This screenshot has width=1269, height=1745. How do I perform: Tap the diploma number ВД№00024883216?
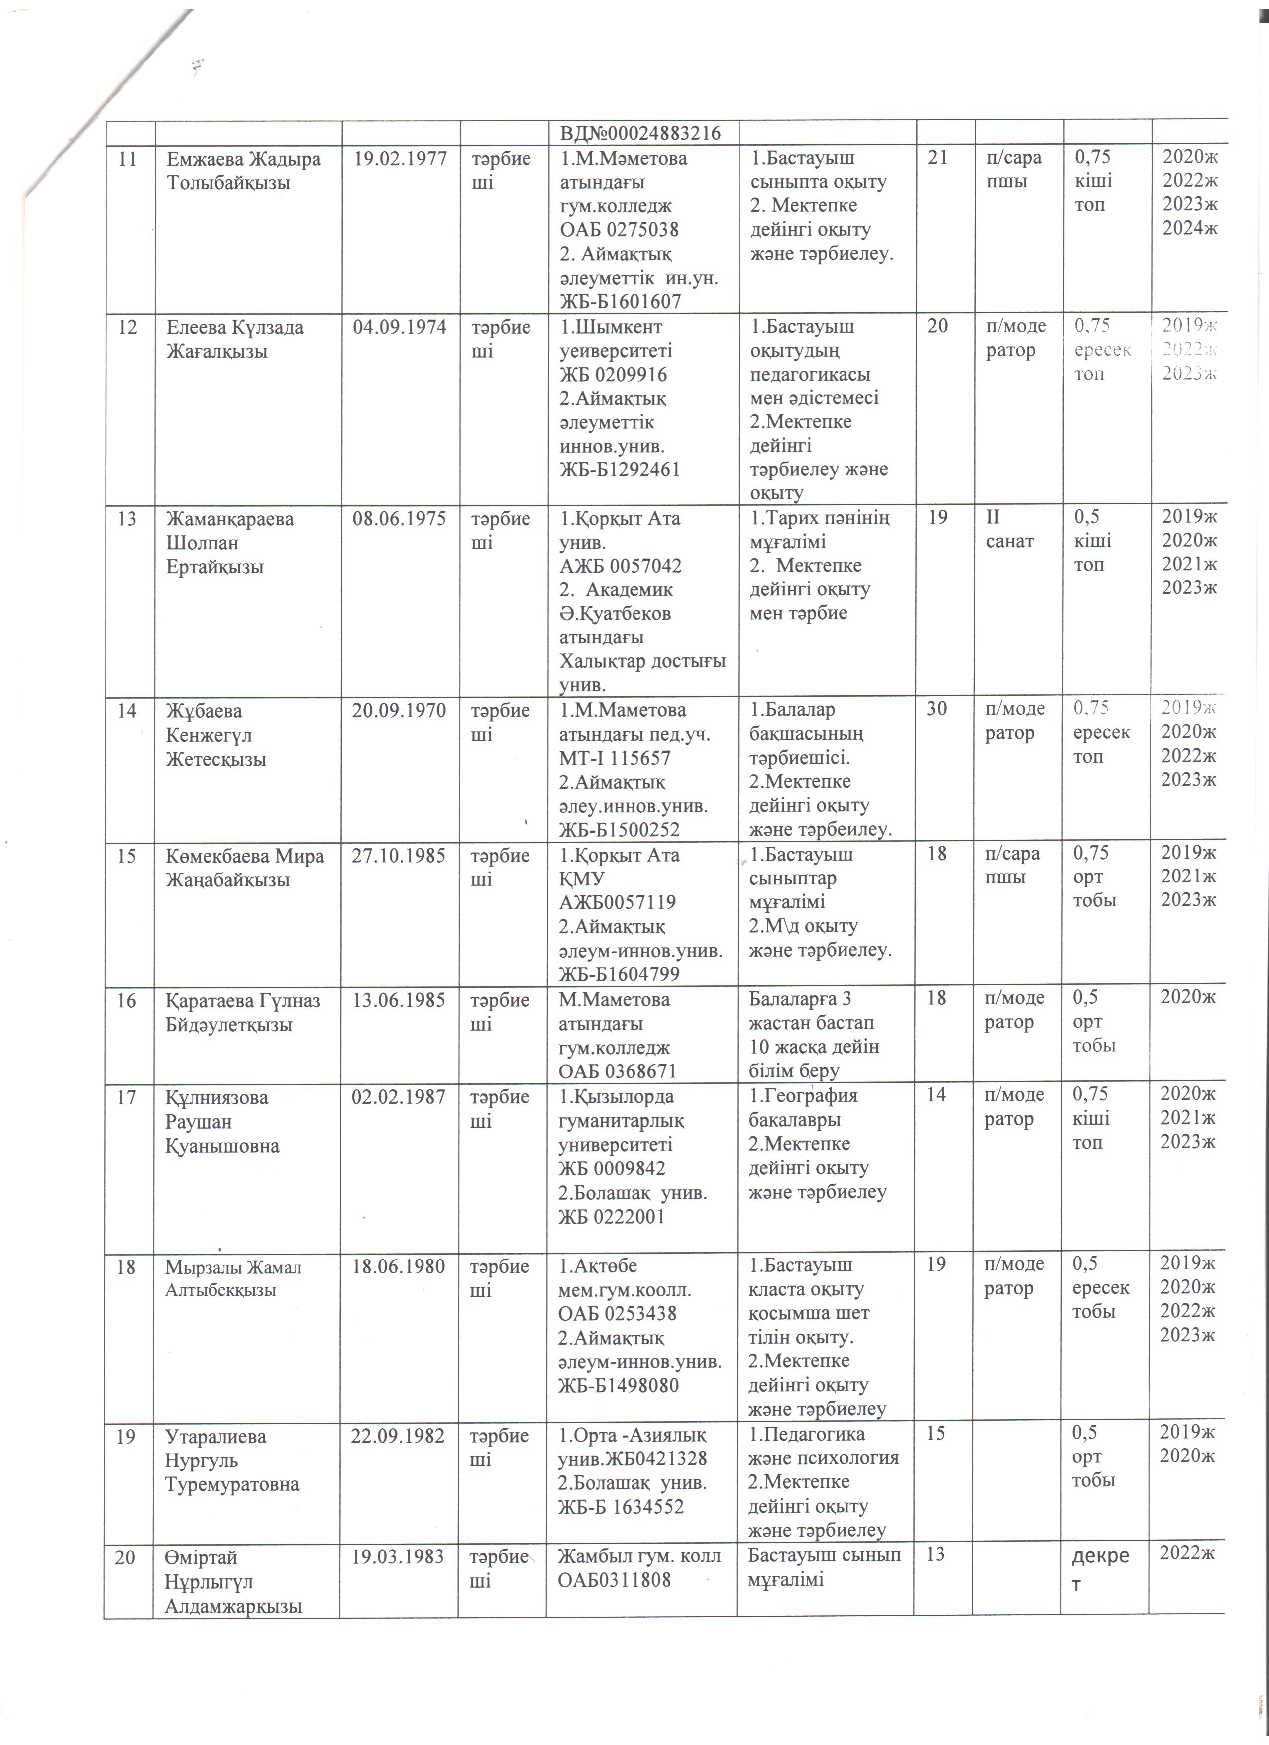click(x=640, y=134)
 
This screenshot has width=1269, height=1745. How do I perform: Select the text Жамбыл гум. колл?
click(x=639, y=1556)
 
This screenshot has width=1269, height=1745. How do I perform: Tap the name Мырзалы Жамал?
click(x=232, y=1267)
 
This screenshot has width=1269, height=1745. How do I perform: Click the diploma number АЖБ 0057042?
click(x=620, y=566)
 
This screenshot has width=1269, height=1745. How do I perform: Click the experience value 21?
click(x=938, y=158)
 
